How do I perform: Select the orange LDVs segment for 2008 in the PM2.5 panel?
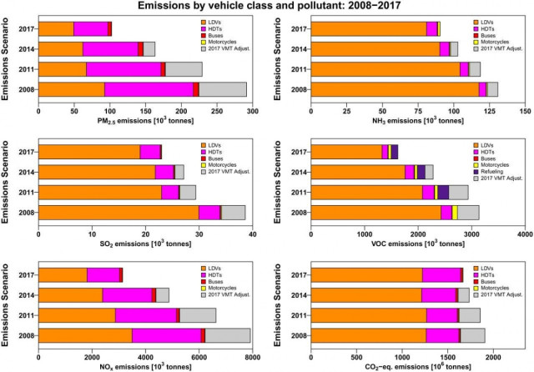tap(72, 89)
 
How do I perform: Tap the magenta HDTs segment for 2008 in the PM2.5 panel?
tap(149, 89)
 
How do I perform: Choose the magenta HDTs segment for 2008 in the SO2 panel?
tap(209, 213)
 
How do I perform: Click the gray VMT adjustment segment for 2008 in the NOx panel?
tap(227, 335)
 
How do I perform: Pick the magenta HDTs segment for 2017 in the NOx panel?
tap(103, 274)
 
